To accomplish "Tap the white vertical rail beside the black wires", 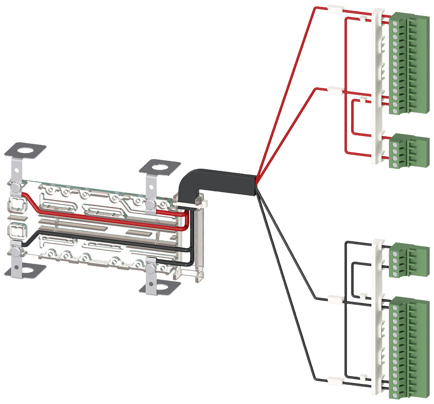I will coord(377,311).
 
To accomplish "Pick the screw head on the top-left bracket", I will coord(16,188).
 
